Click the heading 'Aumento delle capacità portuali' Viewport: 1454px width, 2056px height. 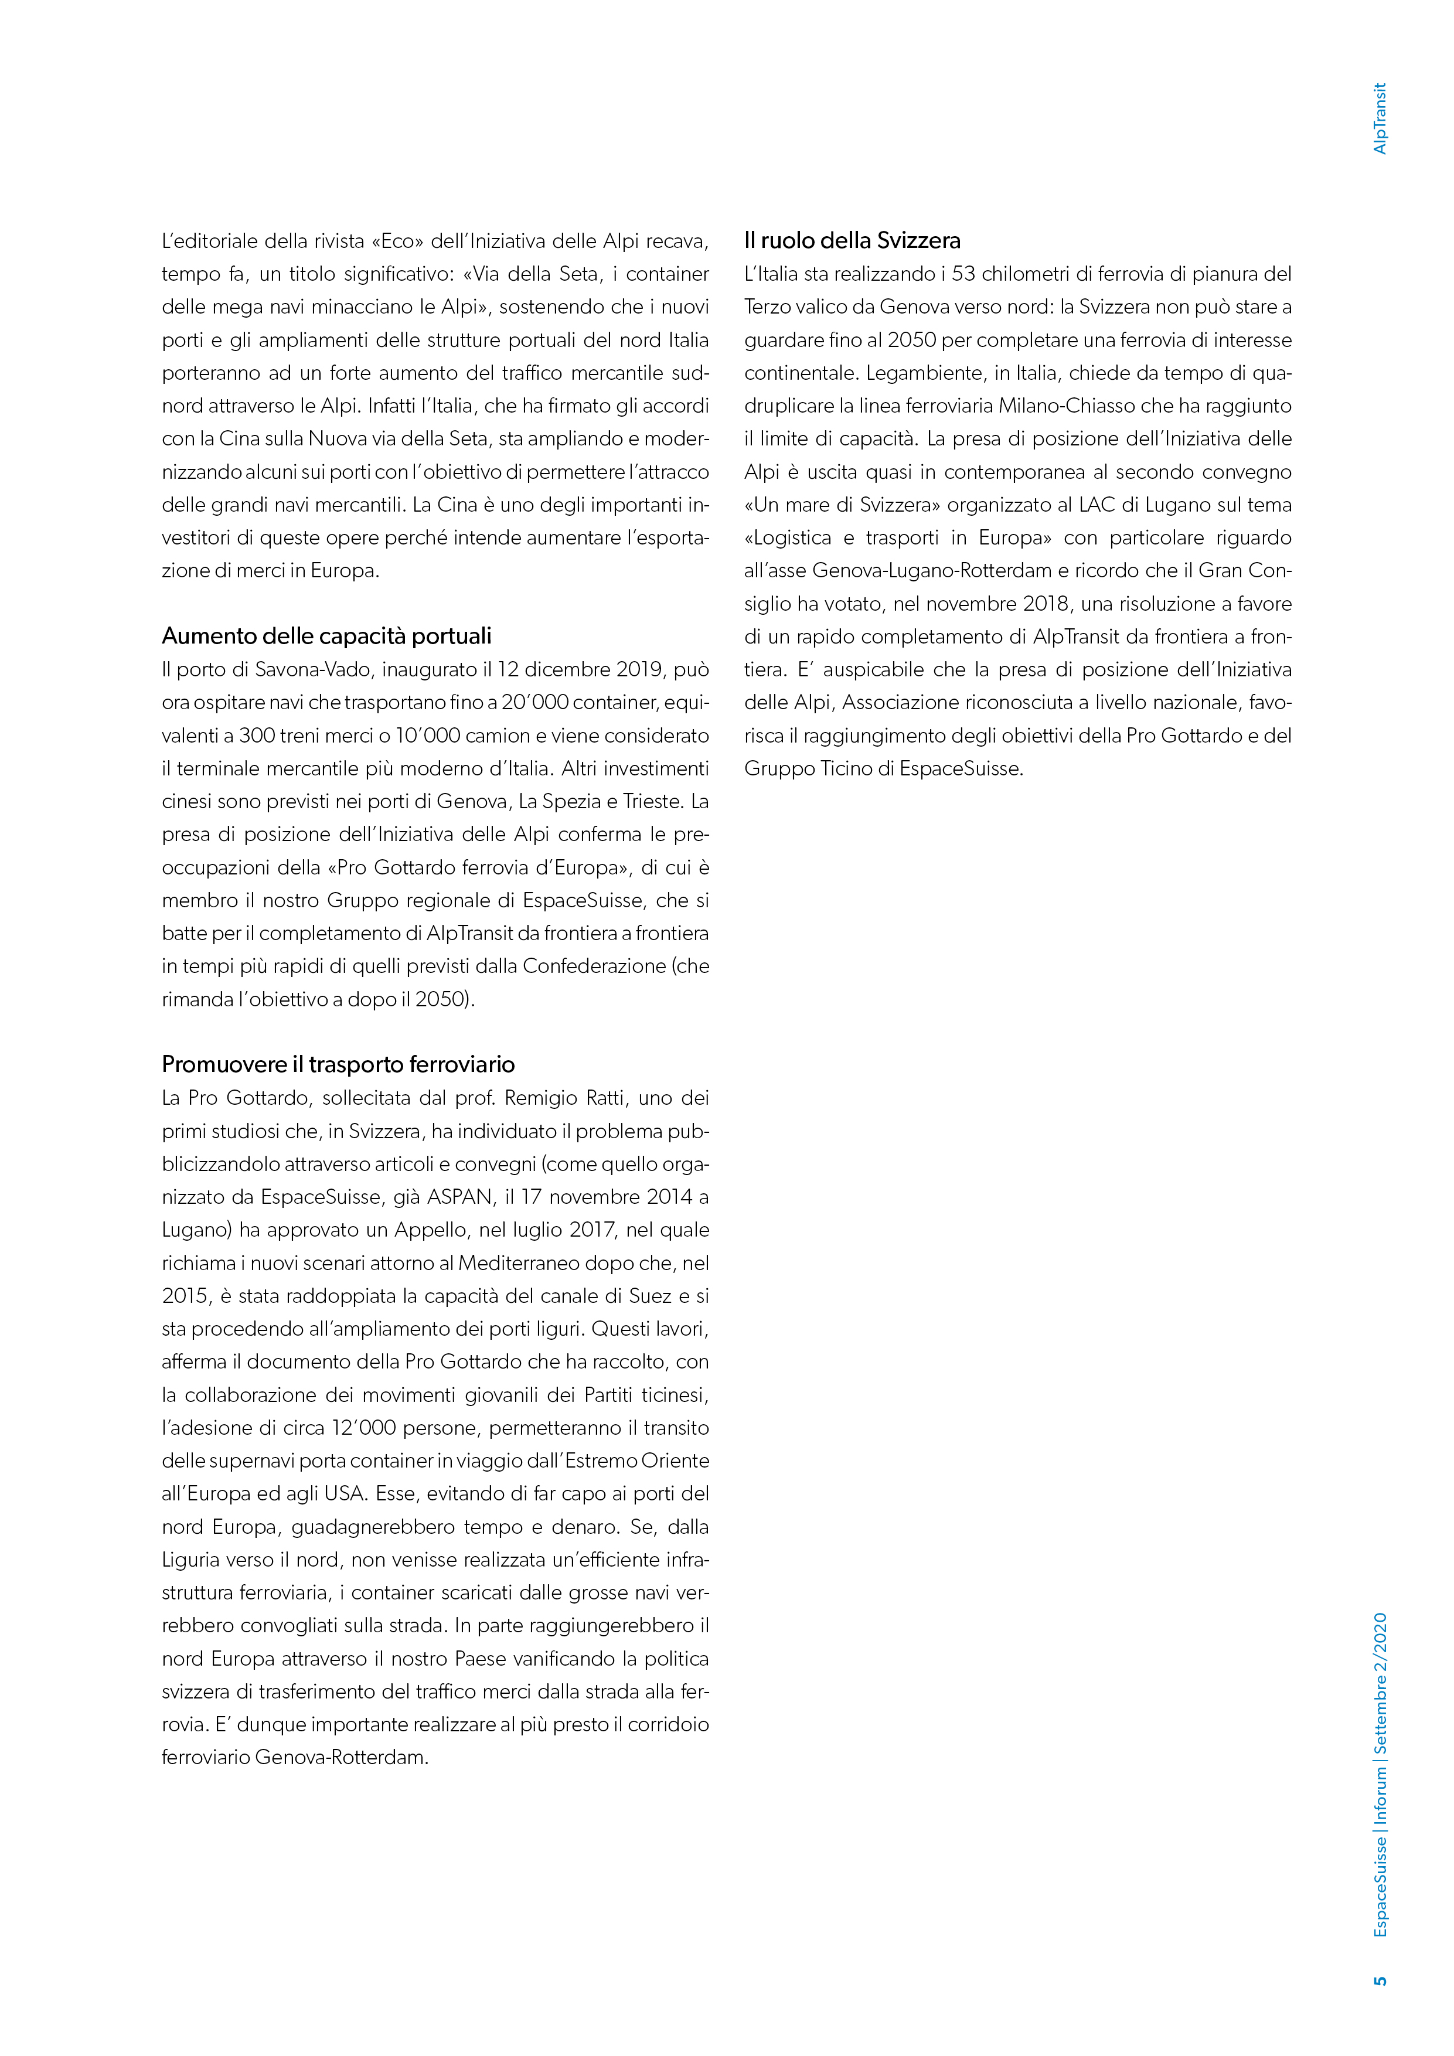(x=327, y=636)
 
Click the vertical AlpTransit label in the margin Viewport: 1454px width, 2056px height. (x=1380, y=118)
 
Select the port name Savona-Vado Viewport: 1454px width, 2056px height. (x=315, y=670)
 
